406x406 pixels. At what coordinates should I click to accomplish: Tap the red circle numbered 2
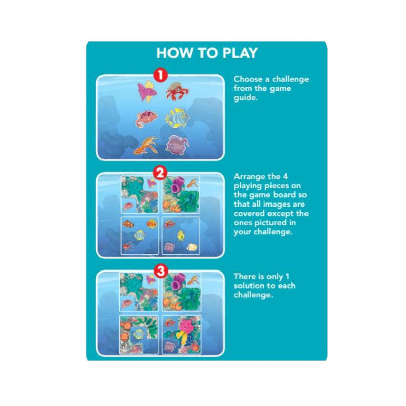pyautogui.click(x=161, y=173)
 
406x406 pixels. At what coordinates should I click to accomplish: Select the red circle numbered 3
pyautogui.click(x=161, y=271)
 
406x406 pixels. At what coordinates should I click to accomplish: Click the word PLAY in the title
pyautogui.click(x=236, y=53)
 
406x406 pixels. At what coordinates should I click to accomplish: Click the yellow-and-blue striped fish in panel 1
pyautogui.click(x=178, y=117)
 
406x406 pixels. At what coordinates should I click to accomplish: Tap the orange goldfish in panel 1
pyautogui.click(x=146, y=145)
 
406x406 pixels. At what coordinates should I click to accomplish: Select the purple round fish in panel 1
pyautogui.click(x=177, y=144)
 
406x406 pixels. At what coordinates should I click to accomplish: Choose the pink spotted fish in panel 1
pyautogui.click(x=146, y=118)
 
